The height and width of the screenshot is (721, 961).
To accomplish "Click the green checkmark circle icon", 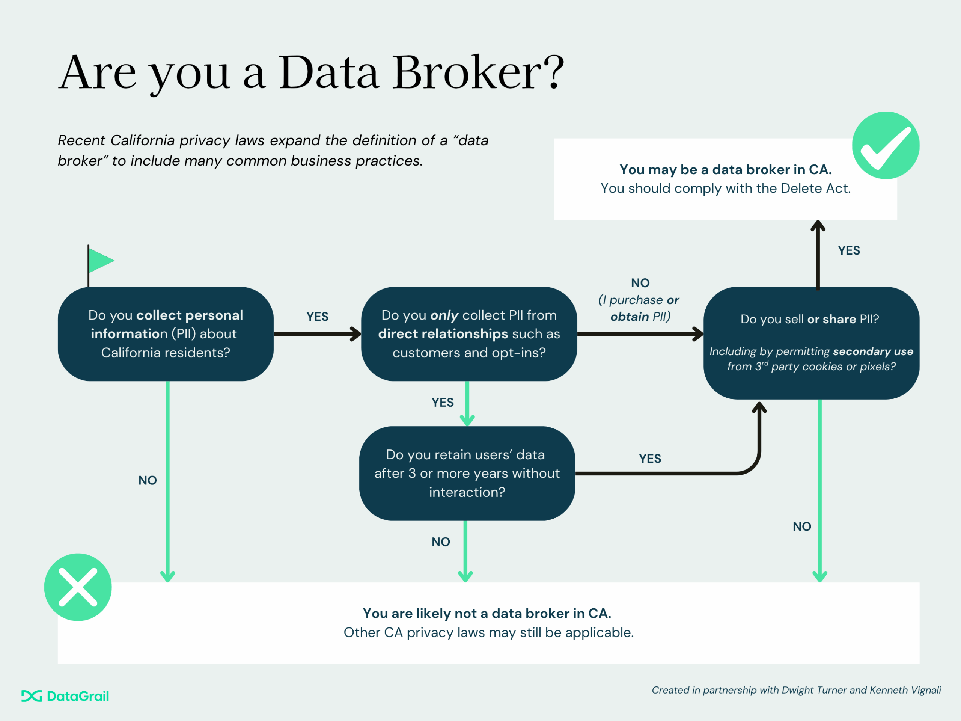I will tap(886, 145).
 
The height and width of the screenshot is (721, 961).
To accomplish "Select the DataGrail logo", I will tap(65, 696).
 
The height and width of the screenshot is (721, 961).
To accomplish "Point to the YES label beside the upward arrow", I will tap(848, 250).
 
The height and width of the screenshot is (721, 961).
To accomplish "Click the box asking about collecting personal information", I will tap(166, 334).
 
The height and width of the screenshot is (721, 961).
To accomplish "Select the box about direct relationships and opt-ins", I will tap(469, 334).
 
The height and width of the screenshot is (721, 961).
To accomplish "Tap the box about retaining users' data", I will tap(467, 473).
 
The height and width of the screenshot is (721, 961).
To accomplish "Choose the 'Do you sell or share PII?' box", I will tap(811, 342).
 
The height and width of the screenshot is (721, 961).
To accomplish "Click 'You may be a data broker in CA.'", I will tap(725, 169).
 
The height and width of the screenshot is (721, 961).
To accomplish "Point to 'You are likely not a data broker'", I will tap(487, 613).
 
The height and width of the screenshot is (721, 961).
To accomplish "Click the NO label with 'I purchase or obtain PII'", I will tap(640, 300).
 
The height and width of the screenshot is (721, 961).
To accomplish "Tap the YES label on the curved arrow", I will tap(650, 459).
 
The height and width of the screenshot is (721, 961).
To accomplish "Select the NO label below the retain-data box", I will tap(441, 542).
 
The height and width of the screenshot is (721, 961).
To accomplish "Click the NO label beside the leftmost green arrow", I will tap(147, 480).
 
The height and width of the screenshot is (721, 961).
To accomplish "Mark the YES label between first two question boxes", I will tap(317, 317).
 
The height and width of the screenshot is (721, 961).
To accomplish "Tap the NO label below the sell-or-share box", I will tap(801, 526).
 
